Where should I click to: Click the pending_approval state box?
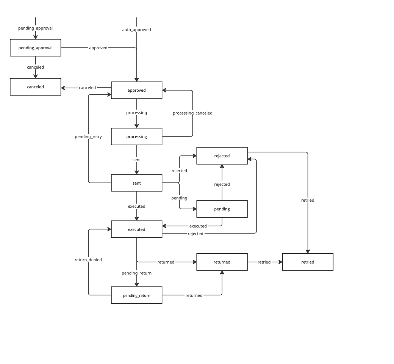click(x=35, y=48)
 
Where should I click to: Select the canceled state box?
click(x=35, y=87)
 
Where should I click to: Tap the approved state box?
click(x=136, y=90)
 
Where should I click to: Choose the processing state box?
click(x=136, y=136)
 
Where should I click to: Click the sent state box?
click(x=136, y=183)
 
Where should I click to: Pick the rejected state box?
click(x=222, y=156)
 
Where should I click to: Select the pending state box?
click(x=222, y=209)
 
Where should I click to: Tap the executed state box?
click(x=136, y=229)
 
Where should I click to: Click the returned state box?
click(x=222, y=262)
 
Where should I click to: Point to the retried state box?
click(x=308, y=262)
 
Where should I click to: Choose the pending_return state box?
click(x=136, y=295)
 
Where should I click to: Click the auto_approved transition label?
click(x=136, y=30)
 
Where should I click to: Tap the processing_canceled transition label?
click(x=192, y=113)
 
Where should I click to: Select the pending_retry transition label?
click(x=88, y=136)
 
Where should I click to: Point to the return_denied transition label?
click(x=88, y=260)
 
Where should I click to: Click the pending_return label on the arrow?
click(x=136, y=273)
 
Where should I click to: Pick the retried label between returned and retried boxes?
click(x=264, y=262)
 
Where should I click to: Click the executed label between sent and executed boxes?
click(x=136, y=206)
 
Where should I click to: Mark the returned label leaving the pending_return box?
click(x=194, y=295)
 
